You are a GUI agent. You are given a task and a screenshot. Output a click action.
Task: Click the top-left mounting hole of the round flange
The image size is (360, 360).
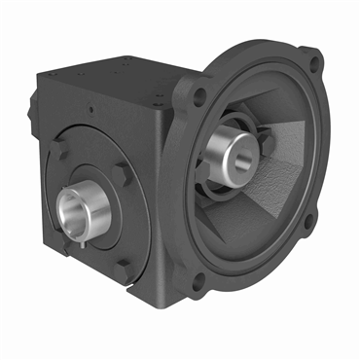click(x=200, y=94)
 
